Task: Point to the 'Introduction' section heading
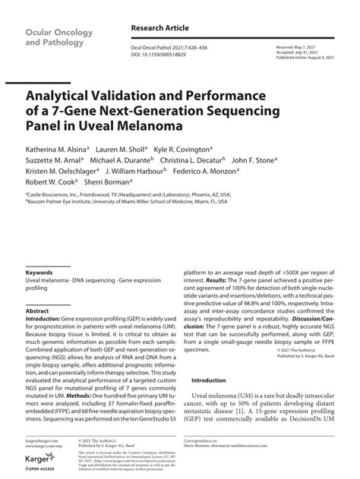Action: pyautogui.click(x=208, y=380)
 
